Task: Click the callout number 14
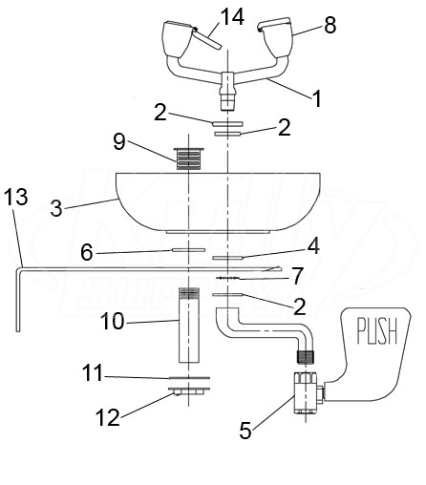point(233,17)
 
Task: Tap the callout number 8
point(330,25)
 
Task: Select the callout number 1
point(316,98)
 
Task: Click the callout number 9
point(119,141)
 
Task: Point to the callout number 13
point(16,197)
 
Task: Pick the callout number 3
point(56,208)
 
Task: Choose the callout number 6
point(87,253)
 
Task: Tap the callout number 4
point(313,246)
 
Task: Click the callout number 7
point(297,276)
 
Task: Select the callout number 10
point(112,321)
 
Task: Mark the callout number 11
point(93,372)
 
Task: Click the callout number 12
point(108,417)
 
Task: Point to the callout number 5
point(245,431)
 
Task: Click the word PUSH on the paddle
point(377,331)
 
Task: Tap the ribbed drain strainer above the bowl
point(188,158)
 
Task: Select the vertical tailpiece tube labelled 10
point(189,326)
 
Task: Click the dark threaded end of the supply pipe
point(306,357)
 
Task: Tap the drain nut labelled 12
point(189,390)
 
